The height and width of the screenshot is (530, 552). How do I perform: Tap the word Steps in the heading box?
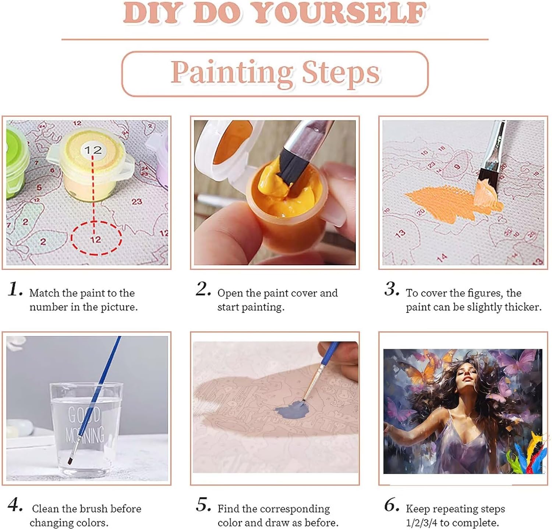[x=341, y=73]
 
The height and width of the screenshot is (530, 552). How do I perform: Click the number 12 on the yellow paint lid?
[x=93, y=150]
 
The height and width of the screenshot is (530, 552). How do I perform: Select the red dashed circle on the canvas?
[x=96, y=238]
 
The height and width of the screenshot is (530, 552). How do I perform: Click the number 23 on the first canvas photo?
[x=137, y=201]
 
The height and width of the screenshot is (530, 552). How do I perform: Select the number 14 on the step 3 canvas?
[x=442, y=257]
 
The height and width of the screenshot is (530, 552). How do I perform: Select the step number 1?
[x=15, y=289]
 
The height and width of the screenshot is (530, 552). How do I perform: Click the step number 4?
[x=15, y=505]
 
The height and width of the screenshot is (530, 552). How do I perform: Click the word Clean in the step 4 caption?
[x=45, y=509]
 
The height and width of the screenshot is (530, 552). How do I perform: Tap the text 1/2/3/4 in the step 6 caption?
[x=422, y=523]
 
